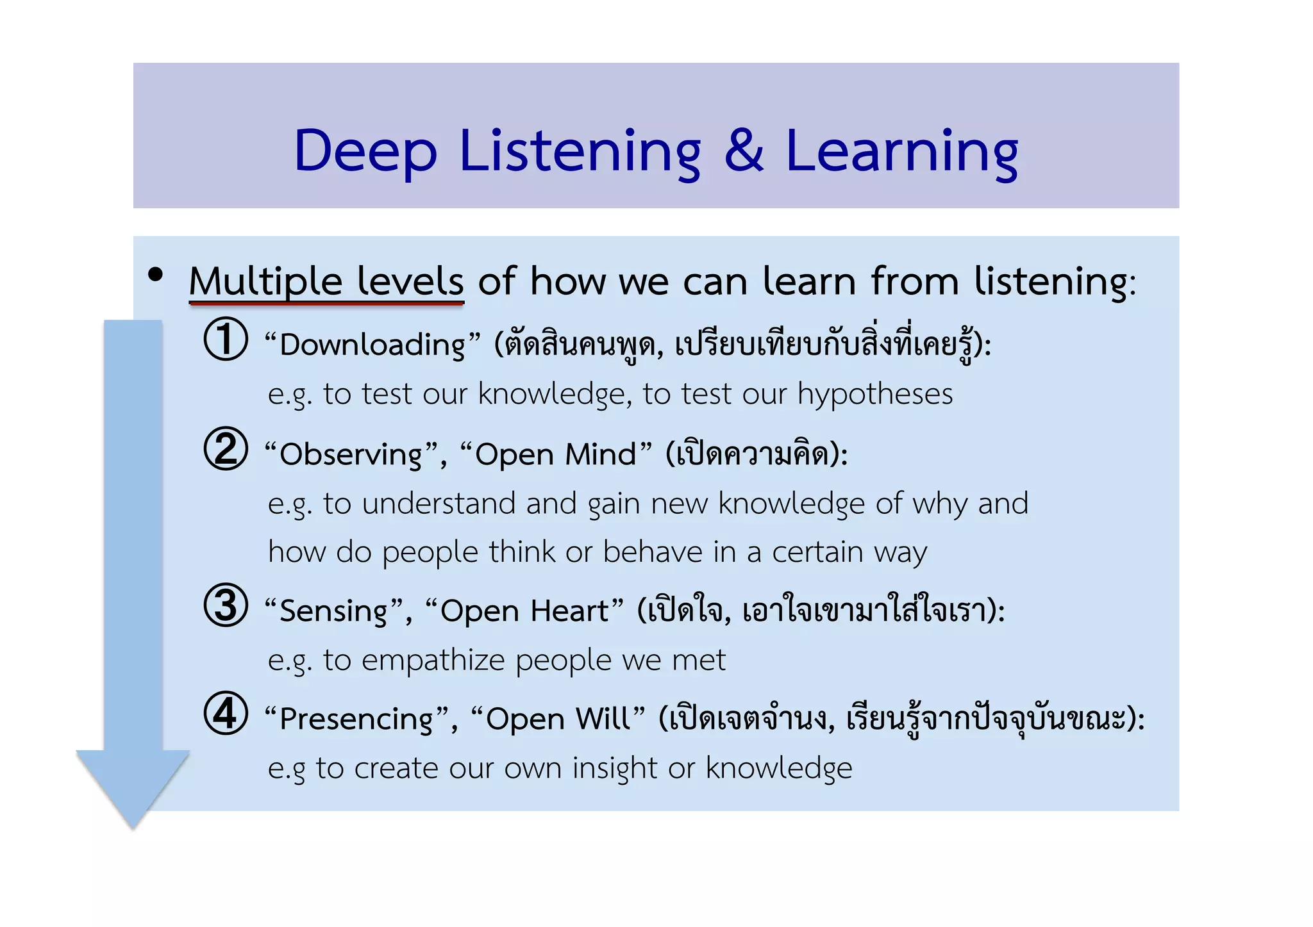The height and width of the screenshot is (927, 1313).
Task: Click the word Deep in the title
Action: [x=365, y=152]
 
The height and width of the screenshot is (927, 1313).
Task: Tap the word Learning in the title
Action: [x=901, y=152]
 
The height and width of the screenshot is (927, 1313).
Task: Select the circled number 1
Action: [x=226, y=339]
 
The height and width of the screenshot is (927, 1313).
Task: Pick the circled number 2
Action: [x=226, y=448]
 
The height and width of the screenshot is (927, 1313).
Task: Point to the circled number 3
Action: [x=226, y=605]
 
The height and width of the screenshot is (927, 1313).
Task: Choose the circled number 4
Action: [x=226, y=713]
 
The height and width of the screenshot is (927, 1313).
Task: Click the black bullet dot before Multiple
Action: [x=155, y=275]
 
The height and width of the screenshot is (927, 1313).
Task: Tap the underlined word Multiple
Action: [x=265, y=282]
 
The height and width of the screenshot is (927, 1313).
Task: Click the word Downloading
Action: [x=372, y=345]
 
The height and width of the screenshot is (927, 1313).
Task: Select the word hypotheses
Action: [x=874, y=394]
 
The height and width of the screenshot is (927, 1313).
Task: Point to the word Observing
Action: [x=351, y=455]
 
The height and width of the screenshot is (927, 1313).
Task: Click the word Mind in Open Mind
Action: [x=600, y=454]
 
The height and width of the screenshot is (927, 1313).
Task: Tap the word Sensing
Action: [x=334, y=611]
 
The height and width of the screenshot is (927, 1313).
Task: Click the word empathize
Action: [x=433, y=660]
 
